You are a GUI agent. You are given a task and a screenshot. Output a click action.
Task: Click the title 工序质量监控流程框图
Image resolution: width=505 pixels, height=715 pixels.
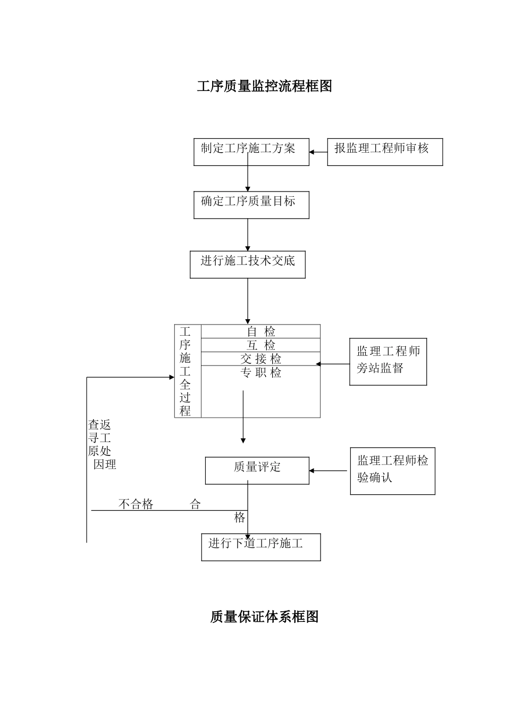click(264, 86)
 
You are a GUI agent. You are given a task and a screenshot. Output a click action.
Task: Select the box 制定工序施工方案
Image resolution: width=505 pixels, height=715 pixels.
click(251, 152)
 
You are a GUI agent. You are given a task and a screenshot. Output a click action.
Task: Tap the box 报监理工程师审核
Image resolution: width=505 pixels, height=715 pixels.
click(385, 152)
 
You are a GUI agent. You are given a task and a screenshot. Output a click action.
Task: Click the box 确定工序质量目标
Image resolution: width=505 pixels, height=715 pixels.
click(251, 205)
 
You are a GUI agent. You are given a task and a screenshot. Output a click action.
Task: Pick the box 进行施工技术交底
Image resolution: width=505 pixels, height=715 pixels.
click(248, 264)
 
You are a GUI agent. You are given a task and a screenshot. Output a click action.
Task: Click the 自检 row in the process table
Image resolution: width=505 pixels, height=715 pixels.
click(261, 331)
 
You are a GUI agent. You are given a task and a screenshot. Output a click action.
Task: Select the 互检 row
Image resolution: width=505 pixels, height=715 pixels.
click(261, 345)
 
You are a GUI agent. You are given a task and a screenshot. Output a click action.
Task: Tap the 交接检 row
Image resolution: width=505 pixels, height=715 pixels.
click(261, 359)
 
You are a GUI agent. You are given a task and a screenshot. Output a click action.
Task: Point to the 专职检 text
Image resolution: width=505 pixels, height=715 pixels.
click(261, 373)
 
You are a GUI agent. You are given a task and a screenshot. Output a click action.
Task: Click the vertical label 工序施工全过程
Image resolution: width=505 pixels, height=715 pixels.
click(185, 371)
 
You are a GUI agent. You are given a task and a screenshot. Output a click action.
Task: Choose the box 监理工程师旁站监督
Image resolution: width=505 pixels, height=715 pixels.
click(388, 362)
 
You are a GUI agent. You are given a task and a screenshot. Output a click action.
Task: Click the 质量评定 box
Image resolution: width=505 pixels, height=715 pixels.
click(257, 470)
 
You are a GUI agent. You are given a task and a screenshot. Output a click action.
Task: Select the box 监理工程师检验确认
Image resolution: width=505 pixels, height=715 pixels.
click(392, 471)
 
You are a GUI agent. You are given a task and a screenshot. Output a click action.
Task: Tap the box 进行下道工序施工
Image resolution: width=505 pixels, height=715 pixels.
click(261, 547)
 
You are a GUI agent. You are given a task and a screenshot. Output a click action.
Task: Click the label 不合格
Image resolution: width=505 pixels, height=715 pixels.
click(136, 504)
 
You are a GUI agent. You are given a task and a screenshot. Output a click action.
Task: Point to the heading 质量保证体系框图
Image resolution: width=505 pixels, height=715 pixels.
click(264, 617)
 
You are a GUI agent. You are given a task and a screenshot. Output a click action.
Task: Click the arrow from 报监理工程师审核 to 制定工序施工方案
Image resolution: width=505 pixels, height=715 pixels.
click(318, 152)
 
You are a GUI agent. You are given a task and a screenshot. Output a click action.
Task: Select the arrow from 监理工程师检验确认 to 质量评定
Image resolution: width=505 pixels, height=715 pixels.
click(328, 471)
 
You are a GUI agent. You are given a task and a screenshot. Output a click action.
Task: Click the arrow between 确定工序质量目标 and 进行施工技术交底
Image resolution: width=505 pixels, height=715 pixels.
click(248, 235)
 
